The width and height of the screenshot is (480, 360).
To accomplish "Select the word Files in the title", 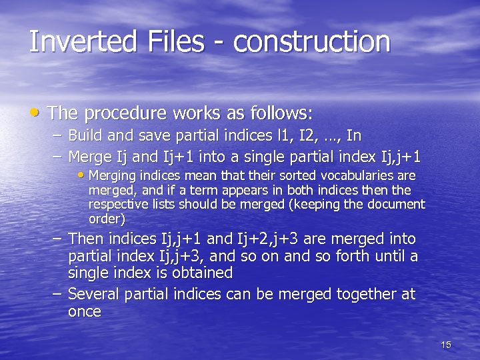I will [170, 41].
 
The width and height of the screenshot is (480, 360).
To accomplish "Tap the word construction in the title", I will [311, 41].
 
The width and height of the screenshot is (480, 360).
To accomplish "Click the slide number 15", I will [446, 345].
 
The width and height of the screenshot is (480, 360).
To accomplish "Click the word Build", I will [86, 136].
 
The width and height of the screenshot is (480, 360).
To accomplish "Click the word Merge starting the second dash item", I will [90, 157].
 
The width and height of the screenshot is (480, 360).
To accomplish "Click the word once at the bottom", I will [85, 312].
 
